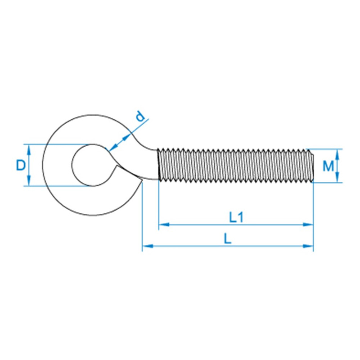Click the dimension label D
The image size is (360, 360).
point(20,165)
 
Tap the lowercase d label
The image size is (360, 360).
point(141,117)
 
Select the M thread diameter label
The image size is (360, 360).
point(328,166)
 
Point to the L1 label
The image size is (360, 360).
point(236,218)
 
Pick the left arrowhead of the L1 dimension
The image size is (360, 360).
point(162,224)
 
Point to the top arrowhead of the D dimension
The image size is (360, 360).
point(29,148)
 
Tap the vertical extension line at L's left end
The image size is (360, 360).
point(142,216)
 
